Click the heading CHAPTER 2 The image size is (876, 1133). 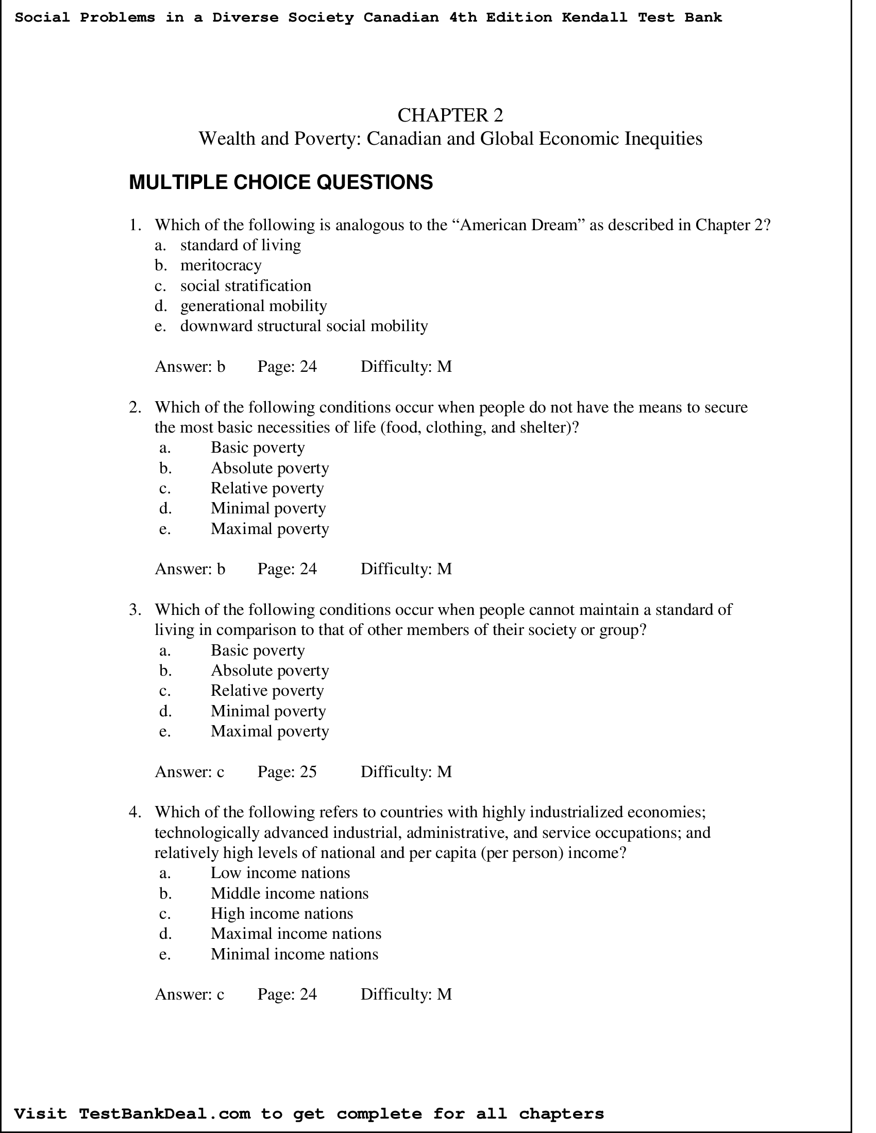click(450, 115)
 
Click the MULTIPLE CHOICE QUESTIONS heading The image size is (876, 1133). click(280, 183)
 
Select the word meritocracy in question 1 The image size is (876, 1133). click(221, 265)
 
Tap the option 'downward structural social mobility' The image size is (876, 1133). click(304, 326)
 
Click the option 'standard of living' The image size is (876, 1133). click(240, 245)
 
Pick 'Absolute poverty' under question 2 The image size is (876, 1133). click(269, 468)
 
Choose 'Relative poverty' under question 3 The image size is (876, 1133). click(267, 691)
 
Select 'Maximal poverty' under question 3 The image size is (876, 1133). click(269, 731)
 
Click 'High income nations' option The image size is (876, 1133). click(281, 913)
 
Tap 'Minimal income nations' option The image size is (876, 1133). click(294, 954)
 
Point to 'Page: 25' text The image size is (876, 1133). click(287, 772)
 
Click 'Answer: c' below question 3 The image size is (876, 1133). click(190, 772)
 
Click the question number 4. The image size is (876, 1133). click(134, 812)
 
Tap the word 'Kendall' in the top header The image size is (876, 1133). click(594, 18)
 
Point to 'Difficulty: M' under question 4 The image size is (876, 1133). click(406, 994)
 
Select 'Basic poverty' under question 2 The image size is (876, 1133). click(258, 448)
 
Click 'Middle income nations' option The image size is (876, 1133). click(289, 893)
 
